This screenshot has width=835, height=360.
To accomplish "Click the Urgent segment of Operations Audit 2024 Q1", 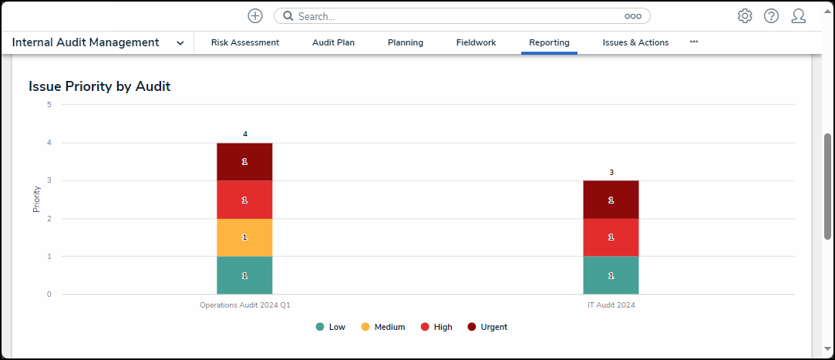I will point(244,162).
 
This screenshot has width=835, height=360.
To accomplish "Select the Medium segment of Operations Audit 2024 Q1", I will point(244,237).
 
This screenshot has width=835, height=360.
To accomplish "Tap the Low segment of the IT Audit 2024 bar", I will point(611,275).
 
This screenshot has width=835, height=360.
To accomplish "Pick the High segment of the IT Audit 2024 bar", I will point(611,237).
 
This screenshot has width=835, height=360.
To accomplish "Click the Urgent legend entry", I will point(487,327).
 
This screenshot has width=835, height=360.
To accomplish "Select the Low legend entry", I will point(331,327).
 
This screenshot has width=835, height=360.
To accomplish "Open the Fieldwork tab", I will point(476,42).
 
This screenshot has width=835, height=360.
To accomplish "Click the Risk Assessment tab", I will point(245,42).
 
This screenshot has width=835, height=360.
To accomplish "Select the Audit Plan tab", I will point(333,42).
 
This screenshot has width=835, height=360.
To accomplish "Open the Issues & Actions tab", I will point(635,42).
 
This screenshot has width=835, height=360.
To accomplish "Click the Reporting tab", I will point(549,42).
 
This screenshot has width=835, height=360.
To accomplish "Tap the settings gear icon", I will point(745,16).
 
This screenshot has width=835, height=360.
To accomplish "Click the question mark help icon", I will point(771,16).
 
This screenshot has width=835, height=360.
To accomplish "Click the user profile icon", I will point(799,16).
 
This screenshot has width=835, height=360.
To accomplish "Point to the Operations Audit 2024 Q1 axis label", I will point(244,305).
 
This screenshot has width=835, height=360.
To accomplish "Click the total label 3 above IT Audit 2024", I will point(611,173).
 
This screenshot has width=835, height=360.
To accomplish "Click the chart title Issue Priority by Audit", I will point(99,86).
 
